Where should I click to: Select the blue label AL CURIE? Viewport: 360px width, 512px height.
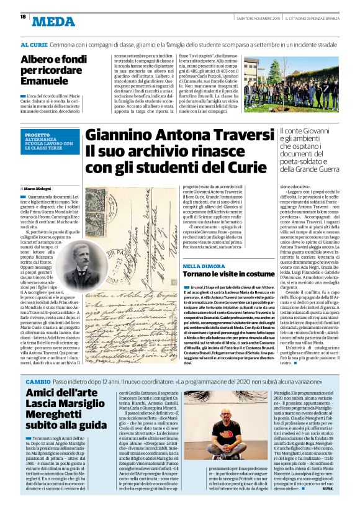pos(34,45)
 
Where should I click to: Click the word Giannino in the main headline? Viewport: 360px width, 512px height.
pos(120,135)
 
